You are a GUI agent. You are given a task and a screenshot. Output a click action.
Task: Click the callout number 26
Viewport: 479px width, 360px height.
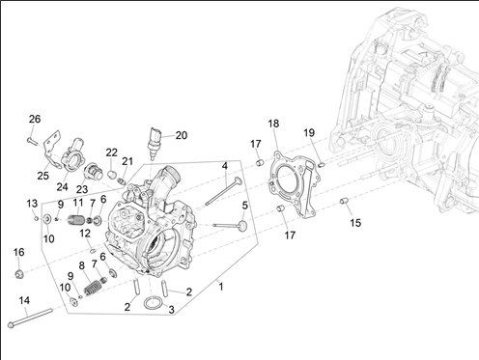(x=35, y=119)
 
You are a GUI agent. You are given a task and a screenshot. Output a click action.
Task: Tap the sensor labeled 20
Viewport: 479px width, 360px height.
(x=154, y=144)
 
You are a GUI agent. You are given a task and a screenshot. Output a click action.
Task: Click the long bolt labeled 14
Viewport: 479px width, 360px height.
(x=30, y=318)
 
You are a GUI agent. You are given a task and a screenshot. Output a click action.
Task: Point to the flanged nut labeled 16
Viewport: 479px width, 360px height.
(x=18, y=274)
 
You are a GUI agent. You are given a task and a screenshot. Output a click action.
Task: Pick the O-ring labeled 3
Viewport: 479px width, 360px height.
(x=154, y=303)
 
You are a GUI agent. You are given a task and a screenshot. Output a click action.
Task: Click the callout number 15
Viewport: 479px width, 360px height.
(x=355, y=223)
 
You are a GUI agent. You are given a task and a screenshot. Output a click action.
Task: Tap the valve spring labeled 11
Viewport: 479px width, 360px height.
(x=76, y=220)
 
